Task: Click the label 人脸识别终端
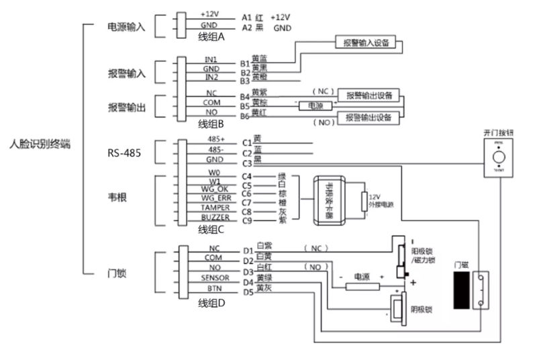coord(40,144)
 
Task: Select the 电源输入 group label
coord(126,26)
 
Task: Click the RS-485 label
coord(124,152)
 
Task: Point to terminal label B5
coord(246,106)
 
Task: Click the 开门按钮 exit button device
coord(499,159)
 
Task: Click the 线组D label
coord(213,304)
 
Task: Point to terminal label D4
coord(248,282)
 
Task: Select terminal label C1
coord(246,143)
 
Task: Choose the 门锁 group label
coord(118,273)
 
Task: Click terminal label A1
coord(246,17)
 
